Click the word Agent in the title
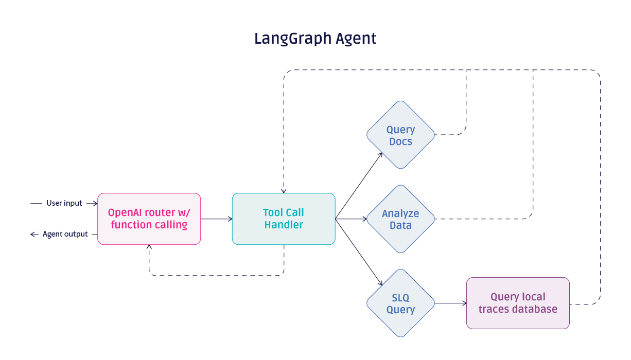[x=356, y=39]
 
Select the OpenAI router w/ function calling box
[x=149, y=219]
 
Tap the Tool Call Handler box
[x=284, y=219]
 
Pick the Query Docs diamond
[x=400, y=135]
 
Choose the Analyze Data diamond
[x=400, y=219]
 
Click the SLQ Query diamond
[x=400, y=303]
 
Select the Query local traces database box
[x=518, y=303]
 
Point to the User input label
[x=64, y=203]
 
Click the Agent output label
[x=65, y=234]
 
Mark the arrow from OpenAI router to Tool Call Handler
[x=216, y=219]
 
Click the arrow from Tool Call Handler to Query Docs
[x=359, y=186]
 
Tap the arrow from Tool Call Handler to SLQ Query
[x=359, y=252]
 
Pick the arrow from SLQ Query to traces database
[x=451, y=303]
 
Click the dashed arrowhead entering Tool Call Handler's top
[x=284, y=190]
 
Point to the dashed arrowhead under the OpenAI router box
[x=149, y=248]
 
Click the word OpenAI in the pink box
[x=125, y=212]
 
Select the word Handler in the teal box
[x=284, y=225]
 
